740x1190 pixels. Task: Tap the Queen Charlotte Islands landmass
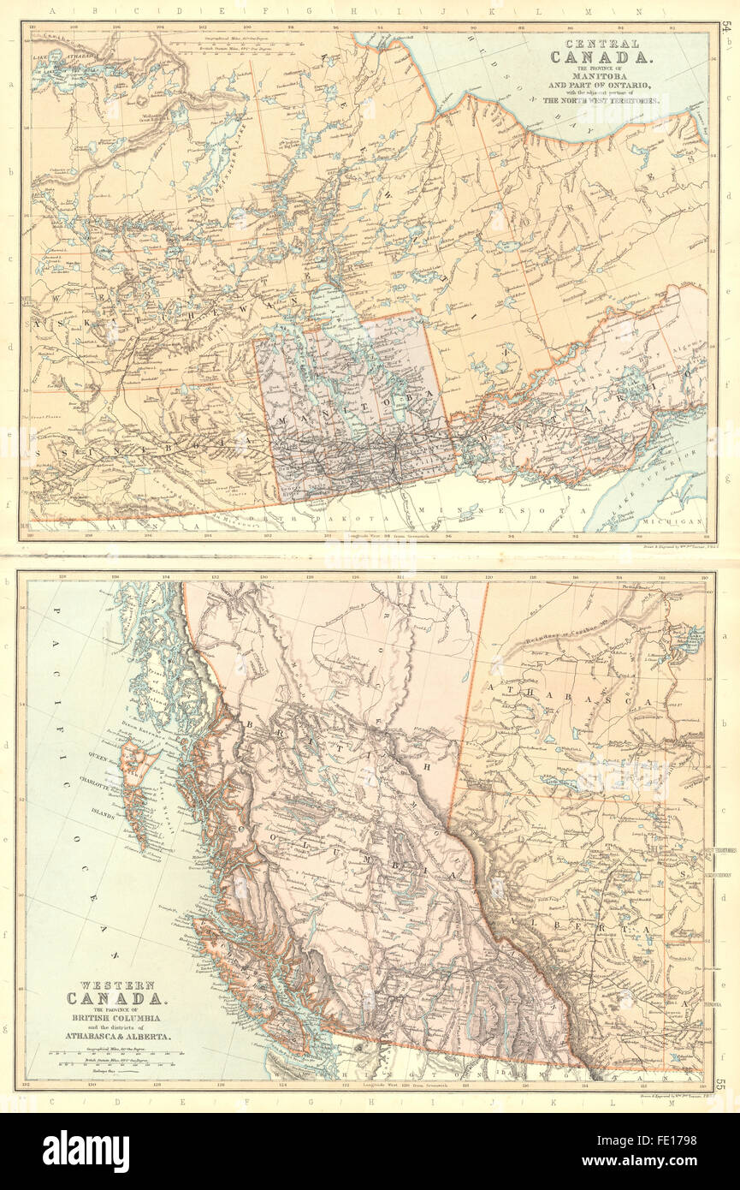[137, 779]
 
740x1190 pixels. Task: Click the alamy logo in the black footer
[86, 1151]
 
